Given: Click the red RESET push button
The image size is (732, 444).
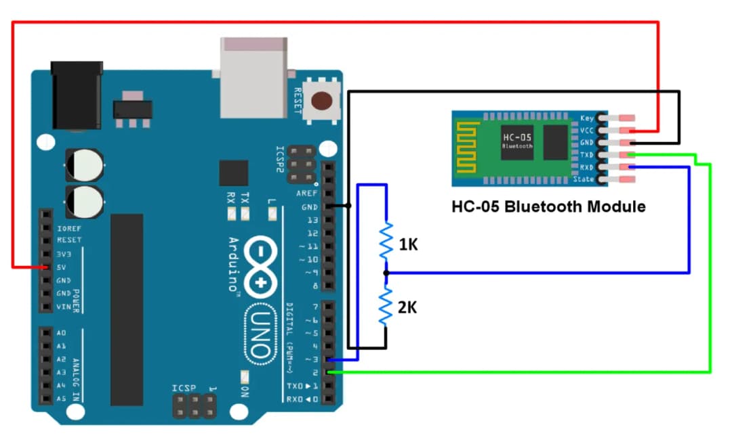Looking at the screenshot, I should [x=321, y=101].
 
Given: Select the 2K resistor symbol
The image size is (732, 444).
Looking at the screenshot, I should [x=386, y=306].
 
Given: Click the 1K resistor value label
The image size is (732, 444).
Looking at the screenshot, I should [x=408, y=245].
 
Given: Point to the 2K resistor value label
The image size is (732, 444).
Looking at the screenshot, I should [x=407, y=307].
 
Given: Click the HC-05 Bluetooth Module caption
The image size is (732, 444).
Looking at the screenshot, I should [x=548, y=206].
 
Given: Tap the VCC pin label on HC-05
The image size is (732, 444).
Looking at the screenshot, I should [x=587, y=130].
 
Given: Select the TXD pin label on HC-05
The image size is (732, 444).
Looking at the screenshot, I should [x=586, y=155].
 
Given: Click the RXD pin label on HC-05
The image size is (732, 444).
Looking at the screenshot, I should [x=586, y=167].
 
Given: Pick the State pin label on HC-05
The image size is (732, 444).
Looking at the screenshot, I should [x=584, y=179].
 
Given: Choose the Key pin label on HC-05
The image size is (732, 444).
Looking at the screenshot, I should [x=588, y=118].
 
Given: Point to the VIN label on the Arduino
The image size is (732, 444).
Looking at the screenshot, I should [x=63, y=307].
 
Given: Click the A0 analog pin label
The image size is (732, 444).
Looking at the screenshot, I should [x=62, y=333].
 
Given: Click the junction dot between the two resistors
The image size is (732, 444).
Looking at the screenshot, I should [x=386, y=273].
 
